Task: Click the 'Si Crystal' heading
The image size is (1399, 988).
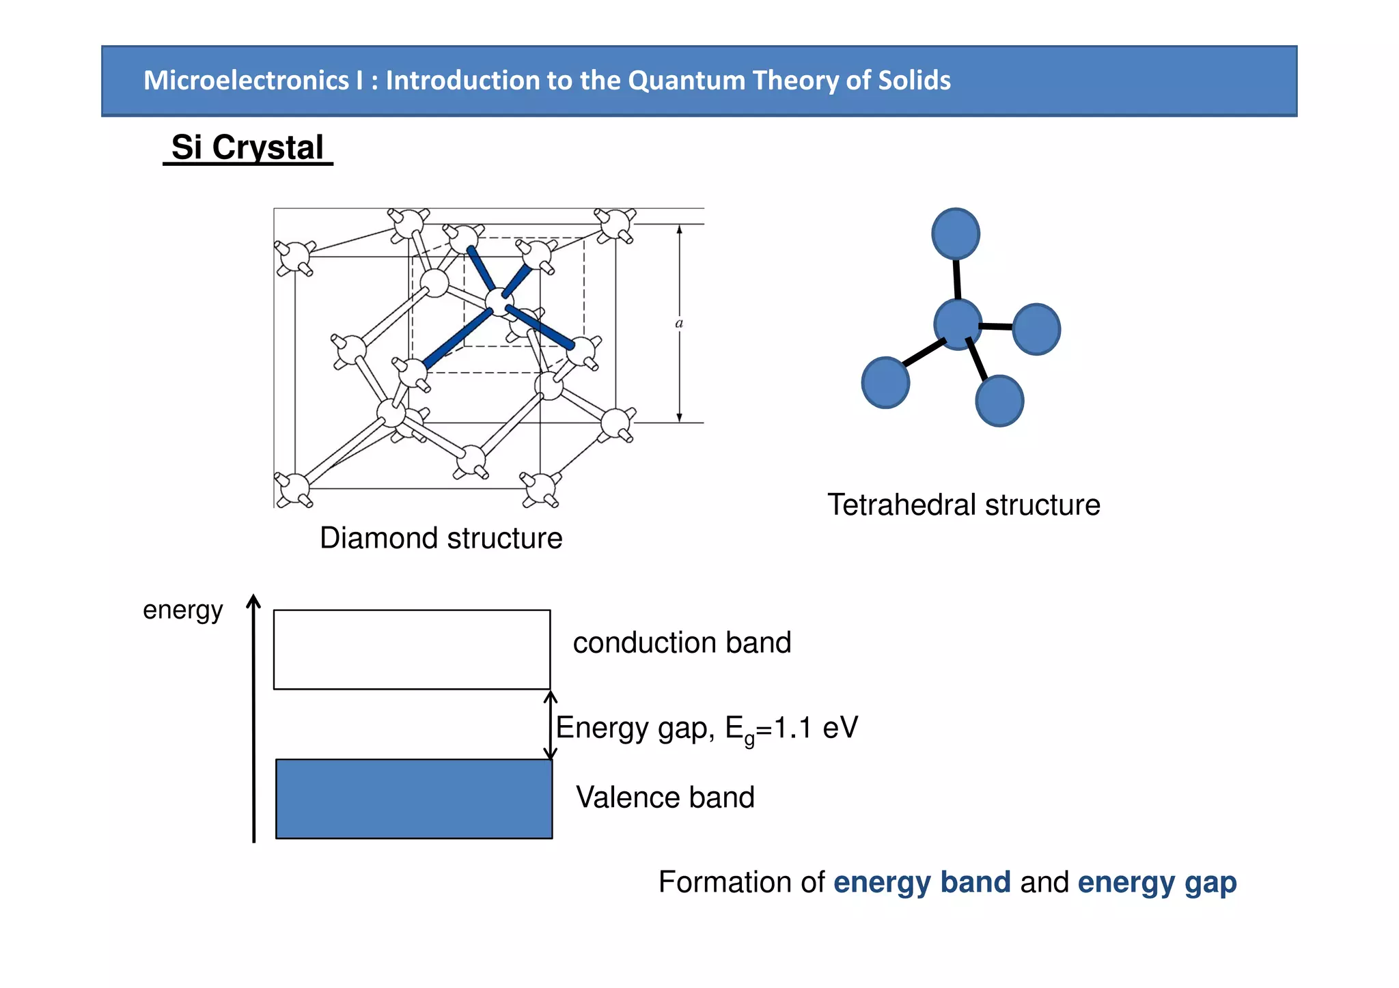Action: (x=247, y=147)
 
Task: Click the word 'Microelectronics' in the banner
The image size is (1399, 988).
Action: (x=246, y=81)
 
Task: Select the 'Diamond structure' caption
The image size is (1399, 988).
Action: (x=441, y=538)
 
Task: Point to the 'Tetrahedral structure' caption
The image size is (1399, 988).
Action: (x=963, y=505)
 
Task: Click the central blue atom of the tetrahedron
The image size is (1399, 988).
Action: (x=957, y=324)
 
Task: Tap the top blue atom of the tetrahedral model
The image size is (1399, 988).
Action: (x=955, y=234)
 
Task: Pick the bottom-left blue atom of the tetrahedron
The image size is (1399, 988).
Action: (x=885, y=382)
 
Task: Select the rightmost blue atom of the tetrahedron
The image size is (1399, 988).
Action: (x=1036, y=329)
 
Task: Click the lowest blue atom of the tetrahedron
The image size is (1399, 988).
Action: (x=999, y=401)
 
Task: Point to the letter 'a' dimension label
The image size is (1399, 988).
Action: (x=679, y=323)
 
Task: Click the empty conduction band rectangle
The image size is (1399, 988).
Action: (x=412, y=649)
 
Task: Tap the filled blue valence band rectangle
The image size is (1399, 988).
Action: (x=414, y=798)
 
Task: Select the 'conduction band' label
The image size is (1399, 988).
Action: (x=681, y=643)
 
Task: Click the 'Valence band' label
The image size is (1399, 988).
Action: (x=665, y=798)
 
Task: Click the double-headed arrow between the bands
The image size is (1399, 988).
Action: (x=551, y=725)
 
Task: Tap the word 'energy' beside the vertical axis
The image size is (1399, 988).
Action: (x=182, y=610)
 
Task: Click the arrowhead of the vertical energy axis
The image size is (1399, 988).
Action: (x=253, y=601)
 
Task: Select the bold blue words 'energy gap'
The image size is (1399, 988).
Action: (x=1156, y=882)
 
